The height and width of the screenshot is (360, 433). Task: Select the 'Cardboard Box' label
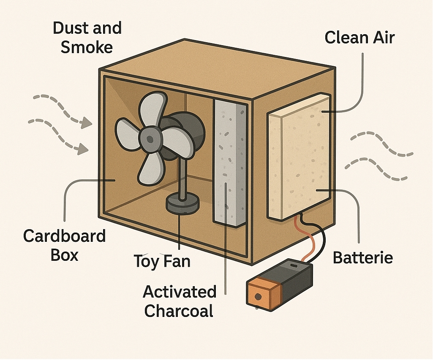[x=64, y=245]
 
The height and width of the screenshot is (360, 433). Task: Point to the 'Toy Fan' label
[x=162, y=261]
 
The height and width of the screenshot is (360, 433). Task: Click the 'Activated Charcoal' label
[x=180, y=301]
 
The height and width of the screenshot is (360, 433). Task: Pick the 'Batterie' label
[x=363, y=257]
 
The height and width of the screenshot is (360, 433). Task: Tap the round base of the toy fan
[x=182, y=206]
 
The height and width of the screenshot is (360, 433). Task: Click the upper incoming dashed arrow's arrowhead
[x=87, y=123]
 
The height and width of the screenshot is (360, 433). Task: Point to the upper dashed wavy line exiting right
[x=380, y=141]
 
